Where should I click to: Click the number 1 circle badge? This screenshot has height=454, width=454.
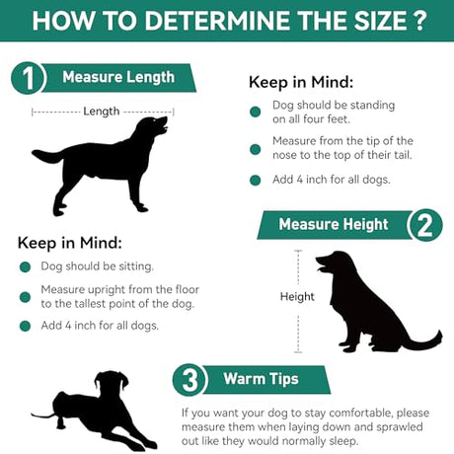(29, 78)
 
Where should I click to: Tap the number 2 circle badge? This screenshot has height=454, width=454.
(425, 225)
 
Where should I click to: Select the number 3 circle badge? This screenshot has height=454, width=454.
(189, 380)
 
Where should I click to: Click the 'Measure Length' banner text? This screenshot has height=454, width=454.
(118, 77)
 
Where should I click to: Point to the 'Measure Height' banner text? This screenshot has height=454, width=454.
(334, 224)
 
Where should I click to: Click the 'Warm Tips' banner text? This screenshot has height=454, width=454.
(261, 379)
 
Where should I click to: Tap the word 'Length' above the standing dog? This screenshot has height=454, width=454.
(102, 112)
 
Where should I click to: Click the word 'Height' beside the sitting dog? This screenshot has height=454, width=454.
(297, 296)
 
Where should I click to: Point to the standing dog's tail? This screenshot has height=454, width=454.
(48, 156)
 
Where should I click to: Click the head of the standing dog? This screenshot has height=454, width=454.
(152, 126)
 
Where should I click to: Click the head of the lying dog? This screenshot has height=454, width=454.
(112, 382)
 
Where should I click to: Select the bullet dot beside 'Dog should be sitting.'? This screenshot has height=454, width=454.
(25, 266)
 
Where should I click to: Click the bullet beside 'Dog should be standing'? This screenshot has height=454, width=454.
(256, 112)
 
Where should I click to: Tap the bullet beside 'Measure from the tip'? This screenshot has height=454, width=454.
(256, 149)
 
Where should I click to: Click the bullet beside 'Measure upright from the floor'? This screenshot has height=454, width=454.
(25, 297)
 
